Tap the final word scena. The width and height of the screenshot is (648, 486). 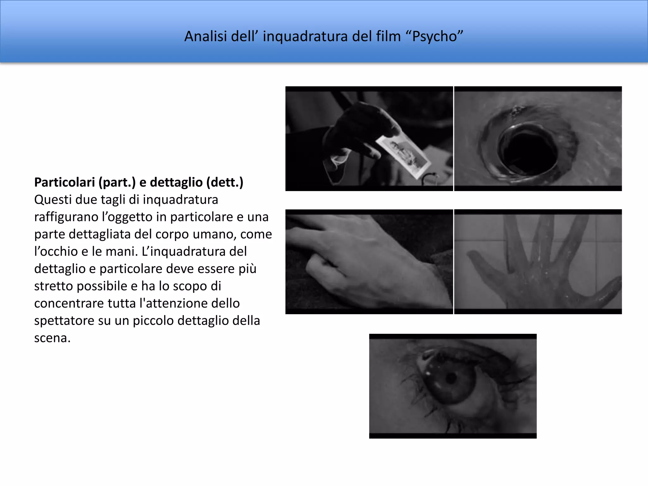click(52, 338)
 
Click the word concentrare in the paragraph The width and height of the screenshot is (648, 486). click(69, 303)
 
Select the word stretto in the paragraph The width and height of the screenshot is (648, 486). click(53, 286)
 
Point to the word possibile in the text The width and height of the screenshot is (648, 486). click(101, 286)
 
